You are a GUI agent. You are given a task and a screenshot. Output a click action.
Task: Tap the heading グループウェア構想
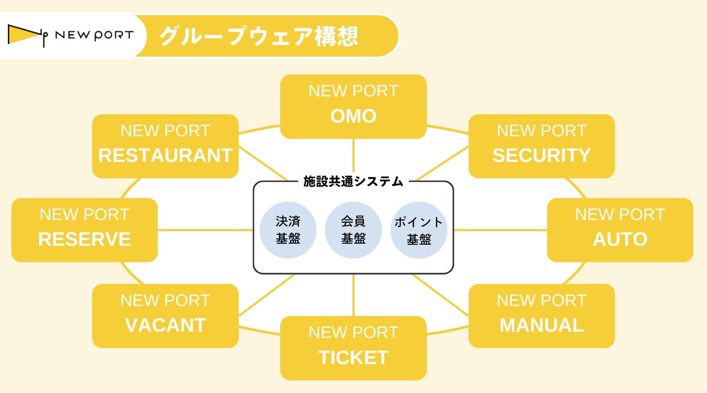tap(259, 36)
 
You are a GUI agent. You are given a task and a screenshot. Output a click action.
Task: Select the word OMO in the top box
tap(353, 116)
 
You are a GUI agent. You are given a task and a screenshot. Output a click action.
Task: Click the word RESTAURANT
tap(165, 156)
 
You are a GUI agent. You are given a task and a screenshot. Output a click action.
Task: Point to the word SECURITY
tap(542, 156)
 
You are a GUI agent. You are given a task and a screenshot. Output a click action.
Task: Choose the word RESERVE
tap(84, 239)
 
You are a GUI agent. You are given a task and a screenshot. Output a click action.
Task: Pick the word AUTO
tap(620, 239)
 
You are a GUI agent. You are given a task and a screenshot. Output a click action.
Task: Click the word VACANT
tap(165, 325)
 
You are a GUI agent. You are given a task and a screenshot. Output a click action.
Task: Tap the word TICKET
tap(353, 357)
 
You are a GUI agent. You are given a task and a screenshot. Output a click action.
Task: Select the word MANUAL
tap(542, 325)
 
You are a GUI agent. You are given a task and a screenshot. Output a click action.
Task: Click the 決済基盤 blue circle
tap(288, 230)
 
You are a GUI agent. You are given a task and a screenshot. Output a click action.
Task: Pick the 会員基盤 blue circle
tap(353, 230)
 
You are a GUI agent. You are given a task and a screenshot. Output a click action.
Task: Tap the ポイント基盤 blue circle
tap(419, 230)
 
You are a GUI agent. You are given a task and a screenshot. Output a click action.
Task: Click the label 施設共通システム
tap(353, 182)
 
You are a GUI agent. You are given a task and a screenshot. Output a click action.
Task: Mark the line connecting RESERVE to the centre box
tap(205, 230)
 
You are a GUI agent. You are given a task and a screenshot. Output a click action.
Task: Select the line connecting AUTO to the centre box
tap(500, 230)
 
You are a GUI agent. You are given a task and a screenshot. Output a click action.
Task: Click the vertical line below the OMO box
tap(353, 156)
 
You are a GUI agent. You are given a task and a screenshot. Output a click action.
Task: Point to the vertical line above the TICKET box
tap(353, 295)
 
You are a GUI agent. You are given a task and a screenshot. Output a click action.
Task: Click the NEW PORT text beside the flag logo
tap(94, 35)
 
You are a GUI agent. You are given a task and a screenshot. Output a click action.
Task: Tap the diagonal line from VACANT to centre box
tap(267, 294)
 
